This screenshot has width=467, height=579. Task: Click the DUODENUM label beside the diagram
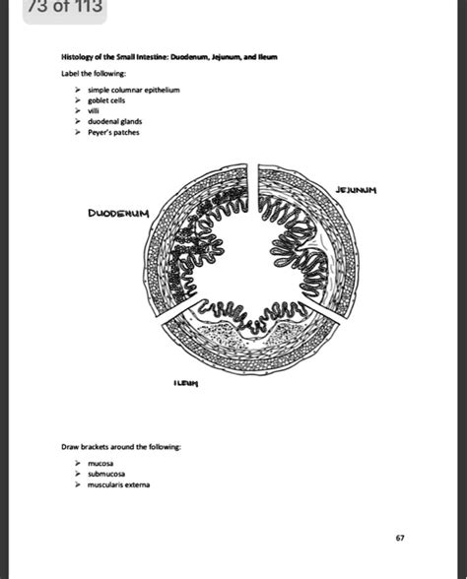tap(118, 212)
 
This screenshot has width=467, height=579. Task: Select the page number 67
tap(400, 538)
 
